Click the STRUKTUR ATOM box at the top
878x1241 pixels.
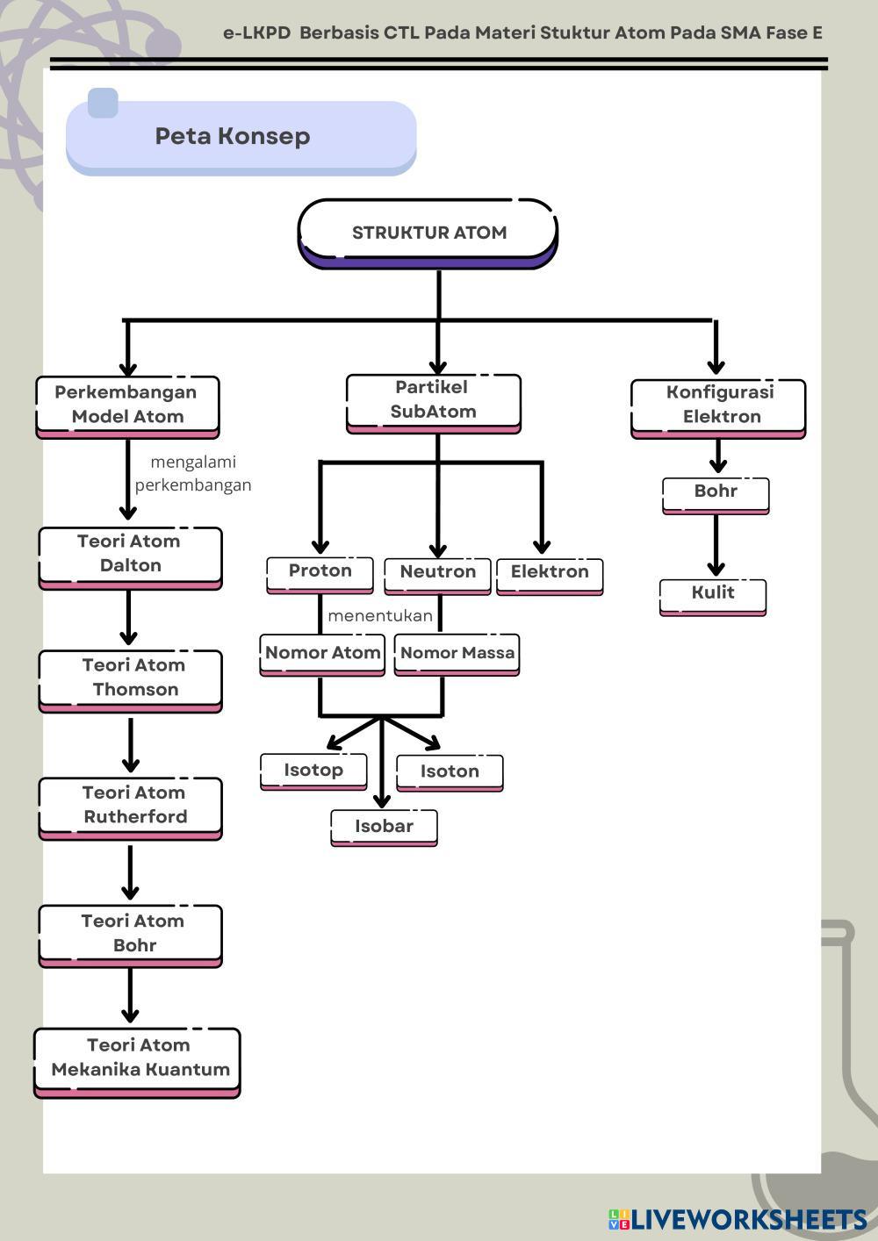(428, 233)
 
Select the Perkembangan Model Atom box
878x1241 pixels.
(127, 405)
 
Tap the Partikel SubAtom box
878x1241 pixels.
(434, 400)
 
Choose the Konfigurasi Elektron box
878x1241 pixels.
(718, 405)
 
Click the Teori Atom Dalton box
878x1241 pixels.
(130, 554)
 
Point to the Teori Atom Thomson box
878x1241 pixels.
(130, 678)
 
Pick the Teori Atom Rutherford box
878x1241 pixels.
(130, 805)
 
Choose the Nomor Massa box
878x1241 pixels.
(457, 653)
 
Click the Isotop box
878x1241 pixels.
(313, 771)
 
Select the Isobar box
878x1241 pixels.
(384, 826)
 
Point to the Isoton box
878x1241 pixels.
(450, 771)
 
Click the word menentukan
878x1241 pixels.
(380, 616)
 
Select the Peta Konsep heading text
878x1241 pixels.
(233, 136)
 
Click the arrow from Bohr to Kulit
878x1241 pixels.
(716, 544)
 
